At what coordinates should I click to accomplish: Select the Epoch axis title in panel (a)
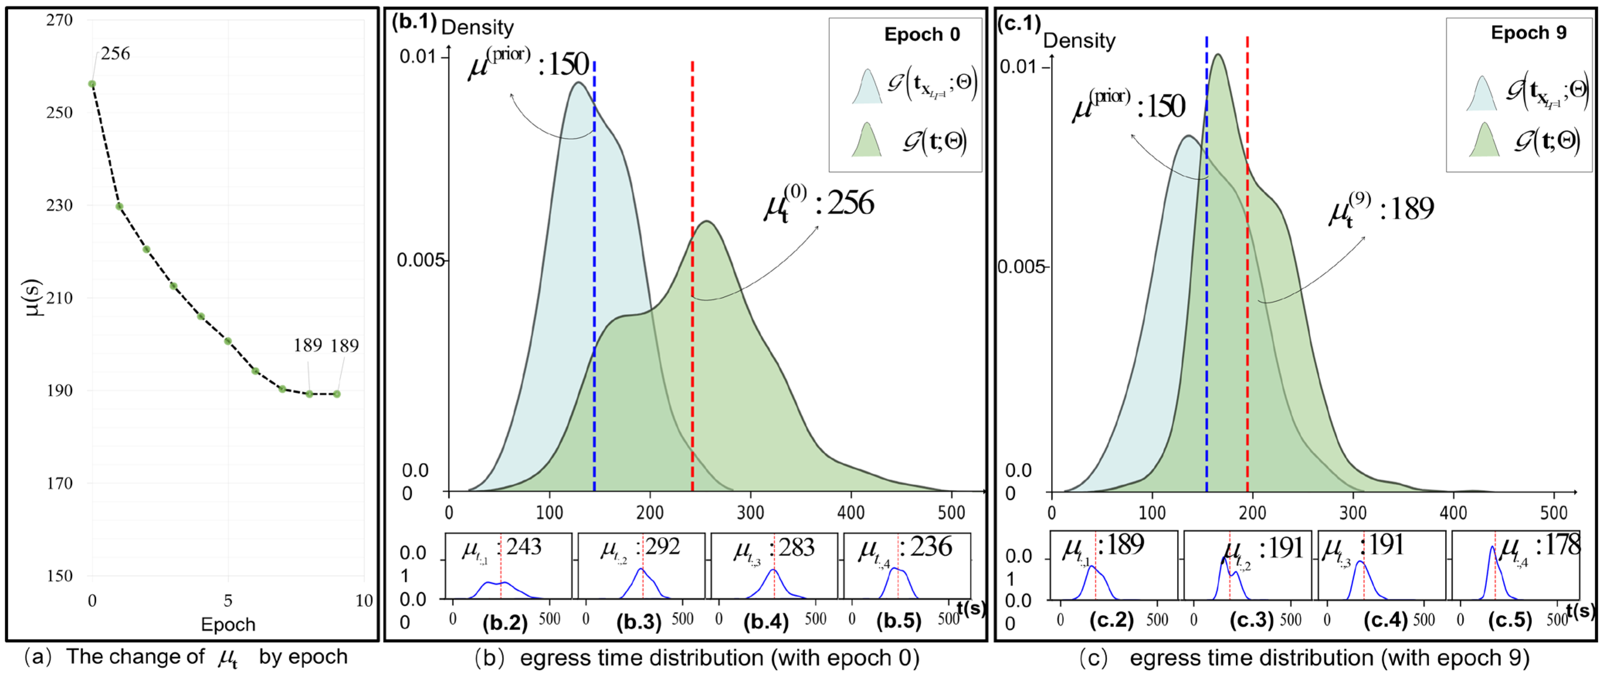tap(228, 624)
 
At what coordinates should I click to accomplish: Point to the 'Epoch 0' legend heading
tap(921, 34)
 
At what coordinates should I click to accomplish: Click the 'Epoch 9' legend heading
tap(1528, 32)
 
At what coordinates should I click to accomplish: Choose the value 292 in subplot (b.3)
tap(662, 547)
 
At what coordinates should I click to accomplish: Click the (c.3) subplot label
tap(1251, 620)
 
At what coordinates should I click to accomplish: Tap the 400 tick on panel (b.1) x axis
tap(851, 513)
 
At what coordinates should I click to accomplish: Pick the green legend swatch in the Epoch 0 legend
tap(867, 140)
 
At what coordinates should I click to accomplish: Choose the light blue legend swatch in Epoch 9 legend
tap(1481, 93)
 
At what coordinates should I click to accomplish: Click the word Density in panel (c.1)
tap(1079, 41)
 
